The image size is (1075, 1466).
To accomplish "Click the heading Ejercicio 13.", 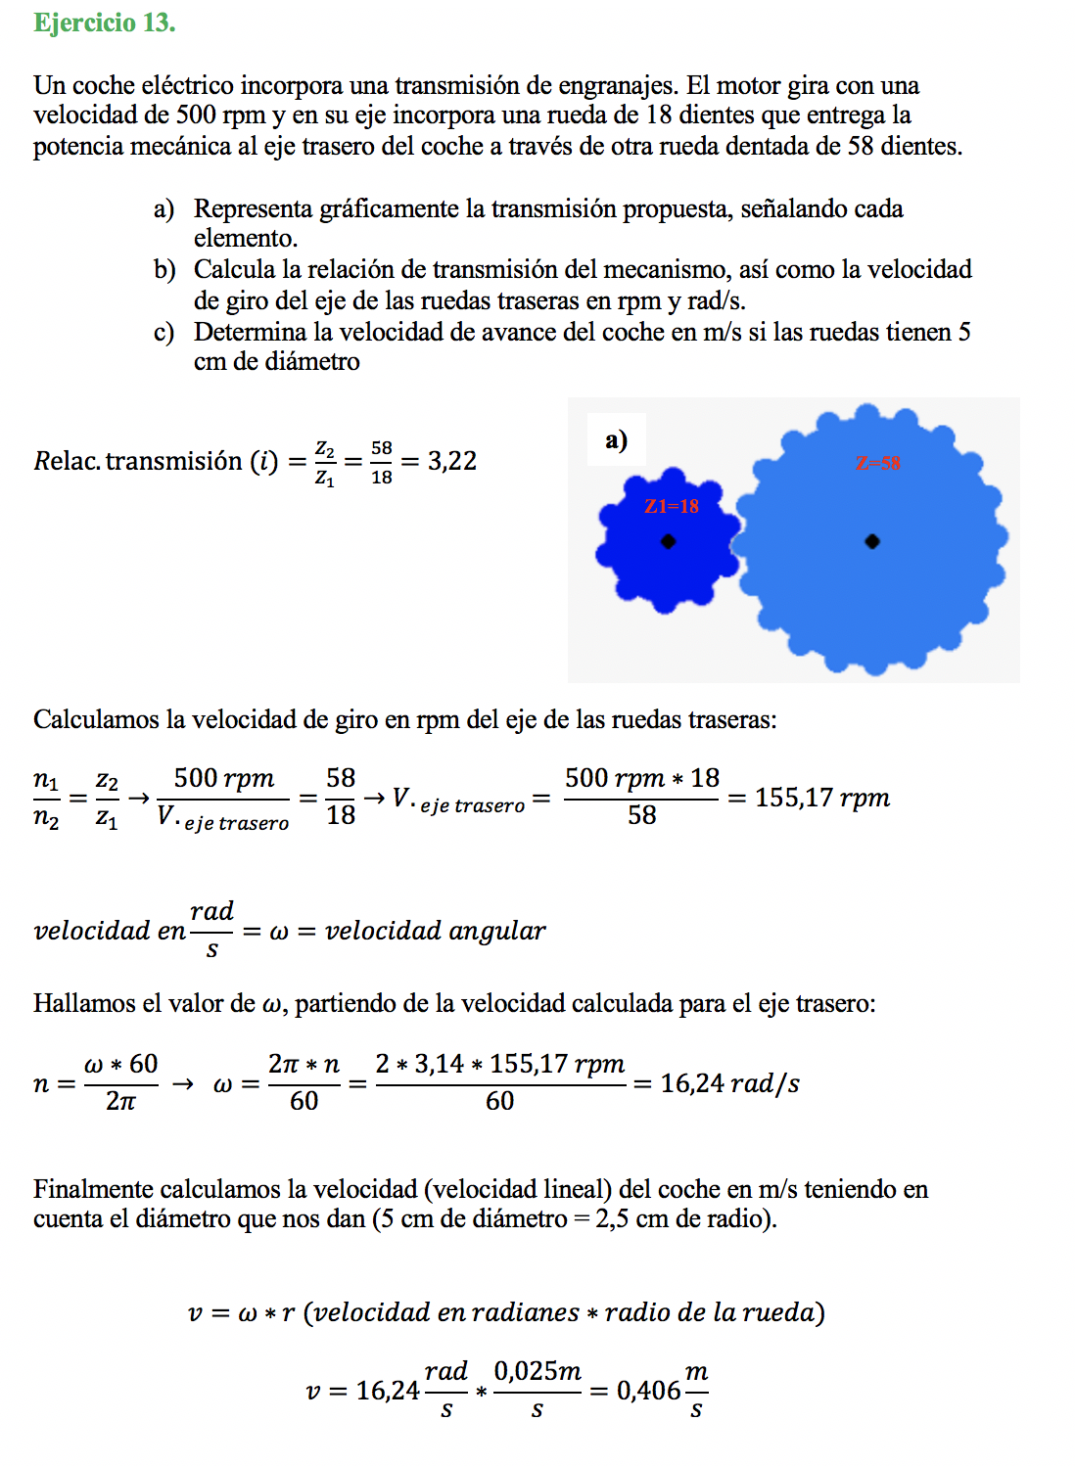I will tap(104, 23).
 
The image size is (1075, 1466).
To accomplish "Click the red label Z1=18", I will tap(672, 506).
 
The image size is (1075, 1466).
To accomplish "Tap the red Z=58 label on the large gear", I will tap(878, 463).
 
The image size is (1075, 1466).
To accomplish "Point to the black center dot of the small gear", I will tap(668, 541).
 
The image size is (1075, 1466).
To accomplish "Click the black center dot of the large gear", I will tap(872, 541).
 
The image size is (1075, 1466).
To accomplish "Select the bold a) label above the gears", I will tap(616, 440).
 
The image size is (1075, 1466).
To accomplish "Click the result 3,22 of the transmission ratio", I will tap(452, 461).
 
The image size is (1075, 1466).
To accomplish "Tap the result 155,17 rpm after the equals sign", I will tap(821, 798).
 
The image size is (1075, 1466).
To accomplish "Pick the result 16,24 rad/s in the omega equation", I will tap(729, 1083).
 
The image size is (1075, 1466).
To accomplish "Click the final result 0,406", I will tap(648, 1391).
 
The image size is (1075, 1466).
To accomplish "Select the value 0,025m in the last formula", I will tap(537, 1372).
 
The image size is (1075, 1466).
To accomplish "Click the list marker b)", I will tap(164, 270).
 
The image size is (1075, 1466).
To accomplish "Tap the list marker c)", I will tap(164, 333).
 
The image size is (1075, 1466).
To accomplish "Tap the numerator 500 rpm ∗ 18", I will tap(641, 778).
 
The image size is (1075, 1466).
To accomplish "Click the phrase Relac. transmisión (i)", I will tap(157, 461).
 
